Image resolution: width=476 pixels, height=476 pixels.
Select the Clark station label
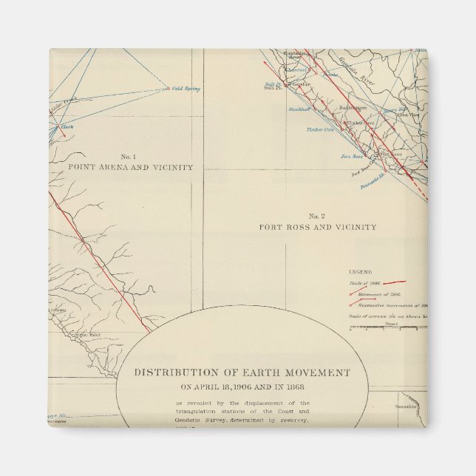pyautogui.click(x=67, y=126)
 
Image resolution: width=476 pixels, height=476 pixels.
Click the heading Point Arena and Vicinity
pyautogui.click(x=130, y=168)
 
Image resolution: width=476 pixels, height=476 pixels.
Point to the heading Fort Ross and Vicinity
pyautogui.click(x=317, y=227)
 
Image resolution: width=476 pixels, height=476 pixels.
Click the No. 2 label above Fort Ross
pyautogui.click(x=317, y=215)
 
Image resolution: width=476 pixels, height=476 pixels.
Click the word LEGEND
pyautogui.click(x=361, y=272)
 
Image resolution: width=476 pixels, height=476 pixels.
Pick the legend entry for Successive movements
pyautogui.click(x=392, y=305)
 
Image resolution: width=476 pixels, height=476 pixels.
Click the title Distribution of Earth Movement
pyautogui.click(x=242, y=373)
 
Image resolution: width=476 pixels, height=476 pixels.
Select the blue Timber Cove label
pyautogui.click(x=320, y=129)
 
